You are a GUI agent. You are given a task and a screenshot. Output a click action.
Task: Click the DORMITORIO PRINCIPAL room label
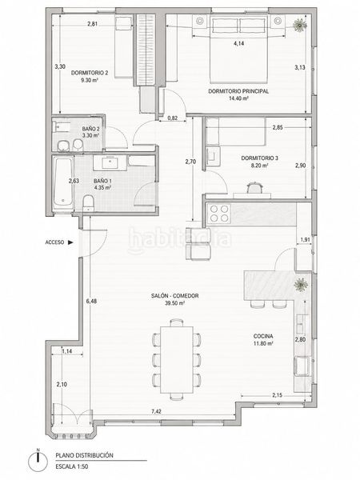[x=238, y=91]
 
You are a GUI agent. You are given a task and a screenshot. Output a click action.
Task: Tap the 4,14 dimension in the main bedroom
[x=238, y=43]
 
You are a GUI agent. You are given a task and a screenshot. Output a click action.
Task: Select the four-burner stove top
[x=219, y=214]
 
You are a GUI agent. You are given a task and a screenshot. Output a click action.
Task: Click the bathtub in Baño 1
[x=63, y=183]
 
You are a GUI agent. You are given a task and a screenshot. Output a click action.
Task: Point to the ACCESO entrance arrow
[x=70, y=242]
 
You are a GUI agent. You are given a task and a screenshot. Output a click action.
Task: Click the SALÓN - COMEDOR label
[x=174, y=296]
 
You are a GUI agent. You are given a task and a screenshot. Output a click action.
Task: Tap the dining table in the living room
[x=177, y=360]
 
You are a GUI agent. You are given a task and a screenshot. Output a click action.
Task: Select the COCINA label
[x=263, y=336]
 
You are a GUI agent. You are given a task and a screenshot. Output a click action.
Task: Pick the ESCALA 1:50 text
[x=72, y=467]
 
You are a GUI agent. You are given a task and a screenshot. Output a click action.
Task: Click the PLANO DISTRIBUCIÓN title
[x=85, y=455]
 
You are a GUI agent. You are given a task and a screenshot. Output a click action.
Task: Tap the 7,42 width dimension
[x=156, y=411]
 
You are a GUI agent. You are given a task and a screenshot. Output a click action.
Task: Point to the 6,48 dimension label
[x=91, y=301]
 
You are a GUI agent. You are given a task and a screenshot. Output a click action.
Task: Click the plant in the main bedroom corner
[x=300, y=25]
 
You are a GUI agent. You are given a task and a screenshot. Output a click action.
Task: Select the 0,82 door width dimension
[x=173, y=118]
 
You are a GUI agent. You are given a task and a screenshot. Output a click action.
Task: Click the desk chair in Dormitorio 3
[x=254, y=188]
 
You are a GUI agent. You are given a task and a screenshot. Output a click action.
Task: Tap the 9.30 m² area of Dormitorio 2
[x=90, y=80]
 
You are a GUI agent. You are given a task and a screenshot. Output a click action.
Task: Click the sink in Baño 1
[x=110, y=162]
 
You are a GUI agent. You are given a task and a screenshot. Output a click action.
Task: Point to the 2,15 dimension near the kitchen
[x=277, y=395]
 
